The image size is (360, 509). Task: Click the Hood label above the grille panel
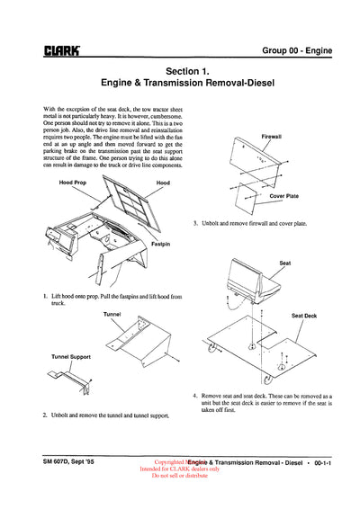coord(162,182)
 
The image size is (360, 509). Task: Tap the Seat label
coord(284,263)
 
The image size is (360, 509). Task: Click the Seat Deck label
coord(304,316)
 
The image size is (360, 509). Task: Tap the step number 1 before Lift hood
coord(45,295)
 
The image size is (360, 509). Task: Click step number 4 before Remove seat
coord(195,395)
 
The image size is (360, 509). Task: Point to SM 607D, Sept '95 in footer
coord(72,461)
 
